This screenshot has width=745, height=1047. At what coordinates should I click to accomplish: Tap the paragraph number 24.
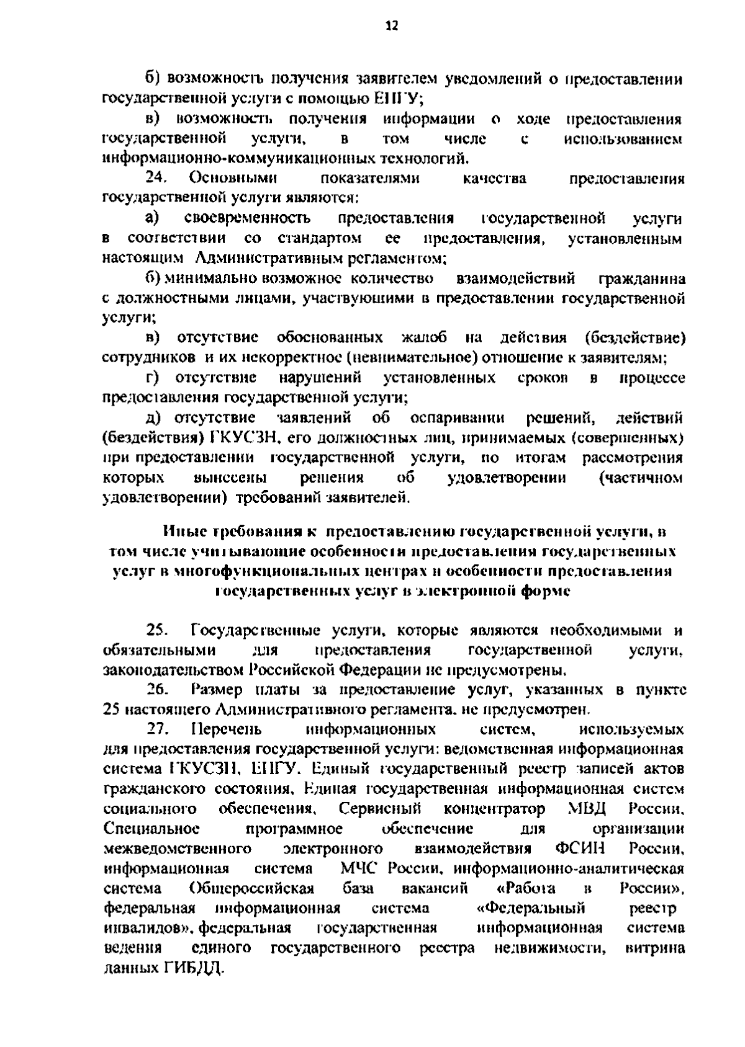[x=157, y=179]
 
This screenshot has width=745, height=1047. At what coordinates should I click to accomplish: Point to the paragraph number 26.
[x=158, y=690]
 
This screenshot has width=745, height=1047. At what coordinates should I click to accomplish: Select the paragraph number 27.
[x=158, y=729]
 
